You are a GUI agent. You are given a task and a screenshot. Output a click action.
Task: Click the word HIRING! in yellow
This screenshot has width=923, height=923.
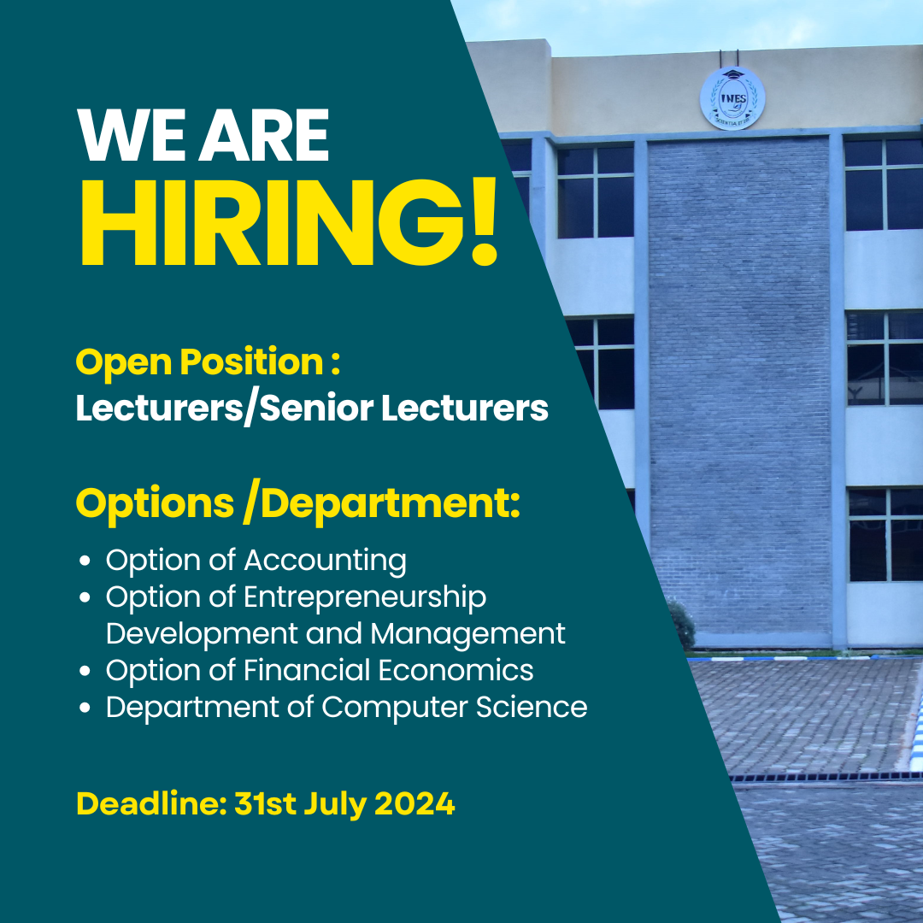point(289,222)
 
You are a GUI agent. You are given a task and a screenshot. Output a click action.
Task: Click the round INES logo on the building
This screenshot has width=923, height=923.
point(732,98)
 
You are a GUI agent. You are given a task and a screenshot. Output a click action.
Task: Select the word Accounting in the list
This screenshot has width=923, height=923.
point(325,561)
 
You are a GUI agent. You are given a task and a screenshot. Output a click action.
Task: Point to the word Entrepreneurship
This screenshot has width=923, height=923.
point(365,597)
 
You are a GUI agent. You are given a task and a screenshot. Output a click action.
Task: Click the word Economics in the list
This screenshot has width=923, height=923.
point(456,670)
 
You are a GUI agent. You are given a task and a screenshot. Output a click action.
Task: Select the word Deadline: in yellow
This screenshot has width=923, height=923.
point(151,802)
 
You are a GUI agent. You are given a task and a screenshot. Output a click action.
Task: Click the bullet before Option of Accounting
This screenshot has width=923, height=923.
point(85,561)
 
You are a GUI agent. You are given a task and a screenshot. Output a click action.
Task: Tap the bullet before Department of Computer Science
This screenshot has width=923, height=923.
point(85,708)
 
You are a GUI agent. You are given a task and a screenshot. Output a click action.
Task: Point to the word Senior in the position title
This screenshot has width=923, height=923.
point(316,408)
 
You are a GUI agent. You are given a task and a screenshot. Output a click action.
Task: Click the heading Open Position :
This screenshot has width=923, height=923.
point(208,362)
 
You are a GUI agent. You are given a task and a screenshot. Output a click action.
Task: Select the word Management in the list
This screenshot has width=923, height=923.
point(468,634)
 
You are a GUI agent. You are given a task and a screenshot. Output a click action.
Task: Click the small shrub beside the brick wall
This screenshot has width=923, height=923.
point(682,625)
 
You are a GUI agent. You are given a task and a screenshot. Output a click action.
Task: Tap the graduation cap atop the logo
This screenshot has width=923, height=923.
point(733,74)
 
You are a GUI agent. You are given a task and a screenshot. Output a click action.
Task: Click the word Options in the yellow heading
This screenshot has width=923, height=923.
point(155,505)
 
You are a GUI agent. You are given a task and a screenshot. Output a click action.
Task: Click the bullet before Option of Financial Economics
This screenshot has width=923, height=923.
point(85,671)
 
